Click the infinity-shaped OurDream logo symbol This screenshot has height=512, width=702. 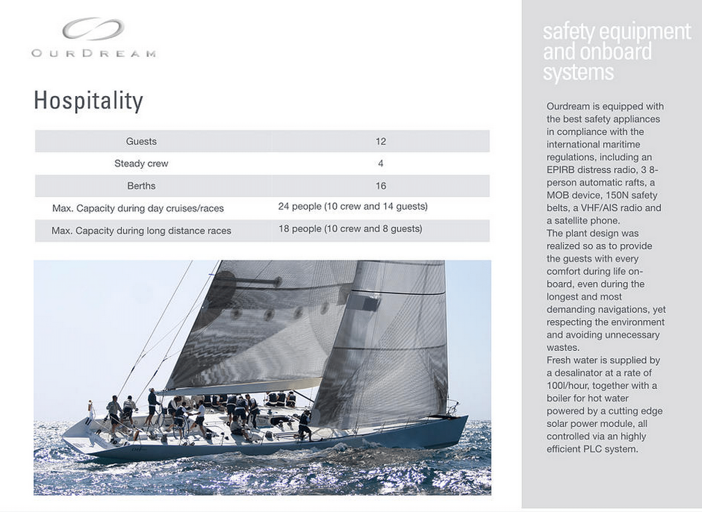point(93,28)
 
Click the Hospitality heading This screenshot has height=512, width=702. point(88,100)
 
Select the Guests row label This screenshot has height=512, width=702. point(141,141)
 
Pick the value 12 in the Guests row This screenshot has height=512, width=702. point(380,141)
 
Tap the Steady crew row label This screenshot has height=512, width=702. point(141,163)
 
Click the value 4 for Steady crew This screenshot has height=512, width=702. point(380,163)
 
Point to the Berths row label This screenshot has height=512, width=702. point(141,186)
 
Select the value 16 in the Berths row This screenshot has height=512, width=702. point(380,186)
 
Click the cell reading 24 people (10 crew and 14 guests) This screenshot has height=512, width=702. point(352,206)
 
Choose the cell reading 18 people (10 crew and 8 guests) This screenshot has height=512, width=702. point(350,229)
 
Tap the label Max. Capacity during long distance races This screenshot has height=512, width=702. point(141,231)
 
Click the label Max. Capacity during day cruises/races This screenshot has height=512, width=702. point(138,208)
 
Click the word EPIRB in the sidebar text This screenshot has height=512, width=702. point(560,170)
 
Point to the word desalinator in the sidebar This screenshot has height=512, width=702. point(579,373)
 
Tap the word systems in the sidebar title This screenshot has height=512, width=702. point(578,72)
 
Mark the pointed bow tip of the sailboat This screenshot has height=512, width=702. point(467,416)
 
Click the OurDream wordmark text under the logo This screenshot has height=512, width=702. point(94,53)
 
